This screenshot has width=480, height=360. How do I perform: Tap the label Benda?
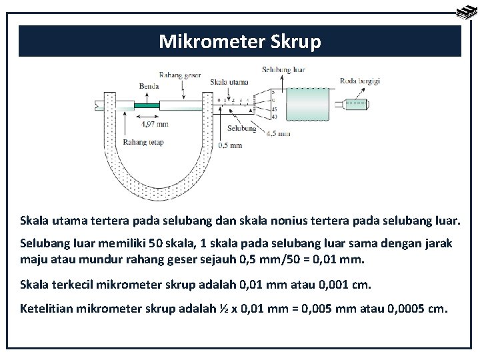(149, 86)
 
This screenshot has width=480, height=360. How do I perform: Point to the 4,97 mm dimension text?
(154, 123)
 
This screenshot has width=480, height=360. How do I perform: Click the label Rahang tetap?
(143, 142)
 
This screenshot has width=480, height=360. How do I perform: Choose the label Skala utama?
(229, 82)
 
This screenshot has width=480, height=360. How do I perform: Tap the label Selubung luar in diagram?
(284, 69)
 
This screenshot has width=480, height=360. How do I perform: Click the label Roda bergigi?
(360, 81)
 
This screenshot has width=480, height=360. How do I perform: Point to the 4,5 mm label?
(278, 133)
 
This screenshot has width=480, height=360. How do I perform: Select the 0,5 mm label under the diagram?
(230, 145)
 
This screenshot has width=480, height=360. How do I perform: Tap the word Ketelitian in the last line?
(47, 309)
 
